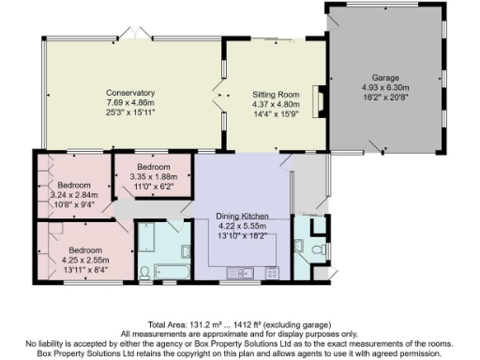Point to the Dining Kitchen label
click(x=242, y=215)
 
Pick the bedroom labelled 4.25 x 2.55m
click(x=83, y=250)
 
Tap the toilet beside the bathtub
click(x=144, y=271)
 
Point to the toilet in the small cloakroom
click(x=316, y=249)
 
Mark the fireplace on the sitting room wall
click(x=319, y=99)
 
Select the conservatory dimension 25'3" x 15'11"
click(x=129, y=111)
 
